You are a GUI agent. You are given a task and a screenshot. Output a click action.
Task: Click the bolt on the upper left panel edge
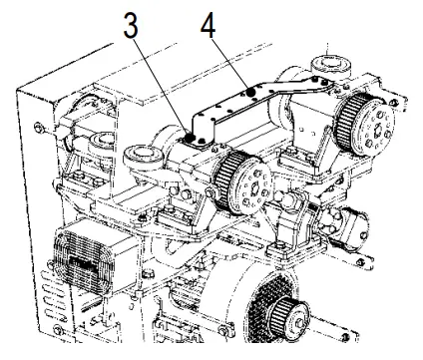point(35,127)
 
